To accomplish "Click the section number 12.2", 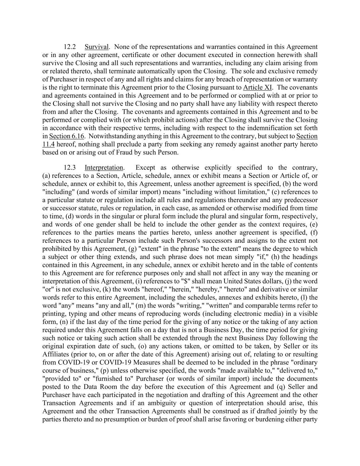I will click(x=70, y=47).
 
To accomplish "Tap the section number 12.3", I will click(x=70, y=168).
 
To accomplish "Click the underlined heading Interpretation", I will click(x=104, y=168).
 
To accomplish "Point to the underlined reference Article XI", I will click(x=257, y=87).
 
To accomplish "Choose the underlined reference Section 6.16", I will click(x=67, y=136).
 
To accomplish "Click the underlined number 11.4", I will click(x=48, y=144).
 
